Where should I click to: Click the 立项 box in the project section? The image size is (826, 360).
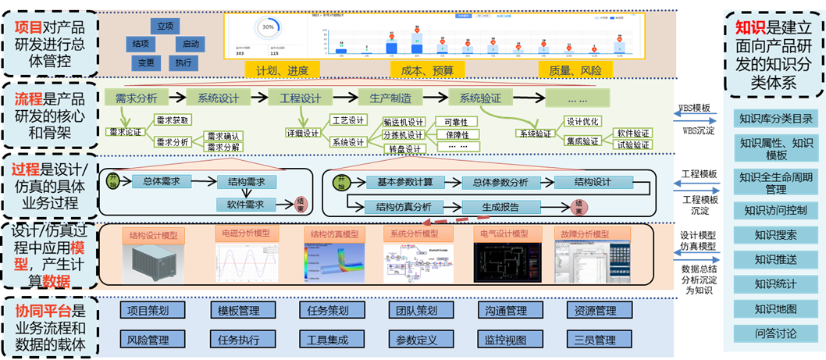[x=165, y=26]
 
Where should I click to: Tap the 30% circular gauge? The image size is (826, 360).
[x=268, y=27]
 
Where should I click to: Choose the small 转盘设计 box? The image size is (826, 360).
[x=403, y=149]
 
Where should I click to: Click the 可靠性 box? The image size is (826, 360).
[x=457, y=122]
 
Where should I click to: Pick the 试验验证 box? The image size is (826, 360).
[x=632, y=145]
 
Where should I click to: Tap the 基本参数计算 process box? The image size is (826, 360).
[x=405, y=182]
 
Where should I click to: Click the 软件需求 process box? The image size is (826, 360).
[x=246, y=205]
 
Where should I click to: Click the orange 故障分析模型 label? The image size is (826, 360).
[x=585, y=233]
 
